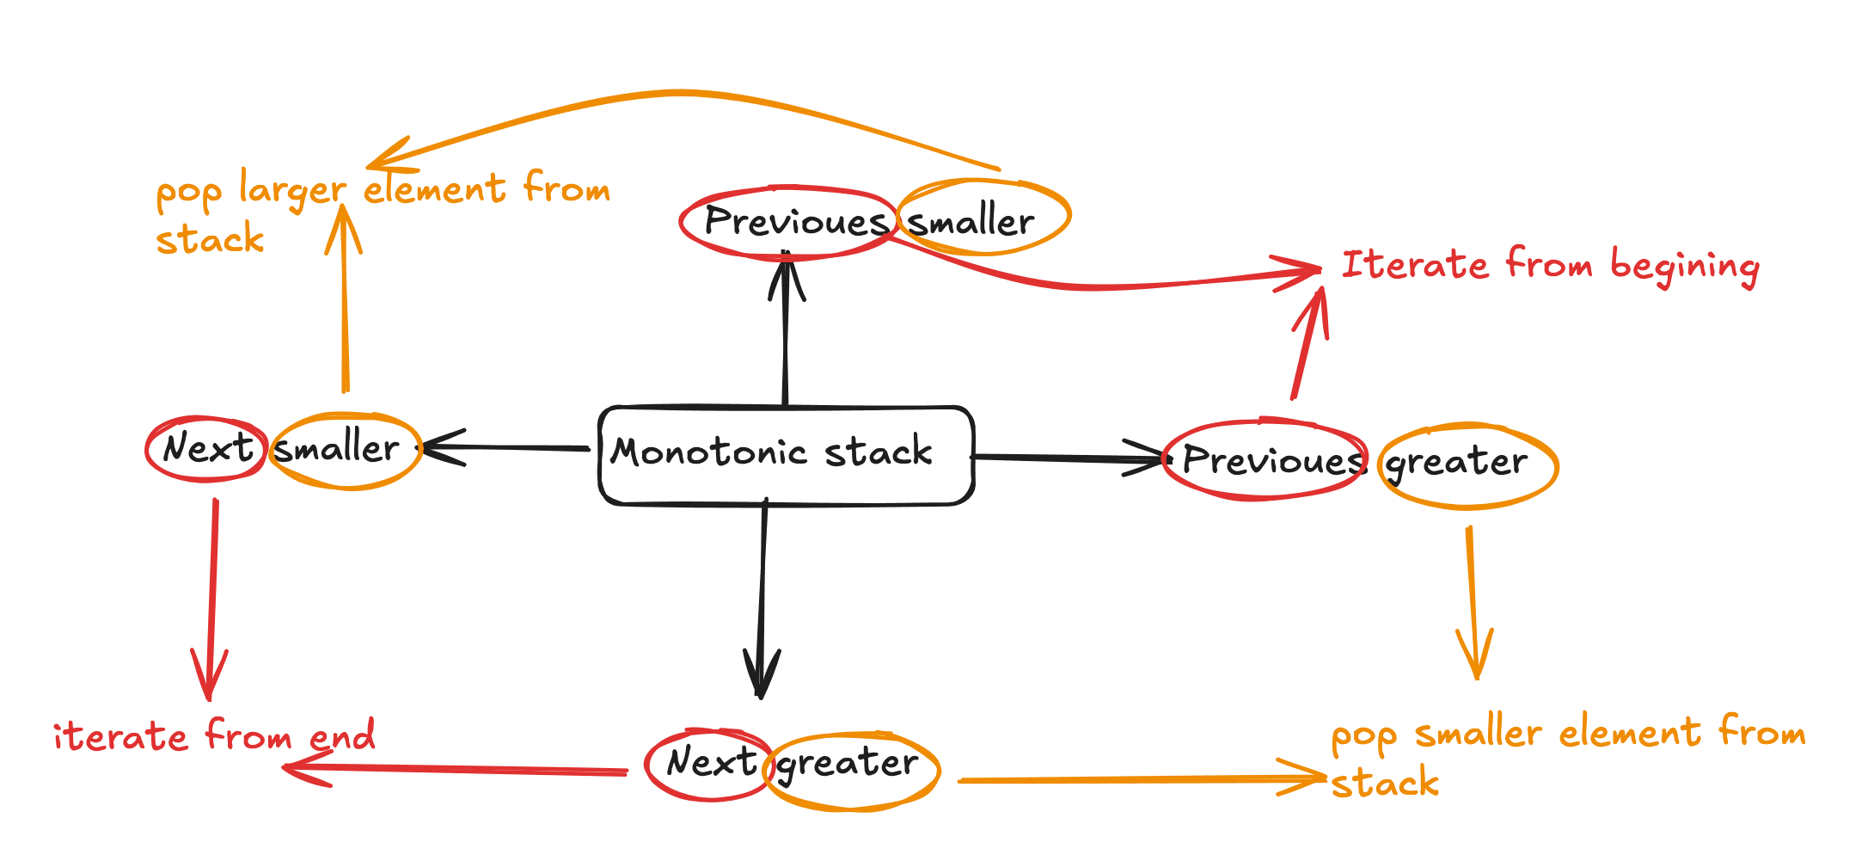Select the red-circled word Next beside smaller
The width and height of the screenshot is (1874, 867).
click(207, 448)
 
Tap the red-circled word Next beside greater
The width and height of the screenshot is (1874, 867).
click(710, 763)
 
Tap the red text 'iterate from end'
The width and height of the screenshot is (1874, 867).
click(214, 736)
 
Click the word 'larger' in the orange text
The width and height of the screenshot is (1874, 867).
click(292, 190)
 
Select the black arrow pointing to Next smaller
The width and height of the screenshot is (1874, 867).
click(507, 447)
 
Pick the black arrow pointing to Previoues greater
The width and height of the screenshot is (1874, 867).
click(1066, 458)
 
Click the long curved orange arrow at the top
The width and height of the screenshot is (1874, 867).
click(679, 93)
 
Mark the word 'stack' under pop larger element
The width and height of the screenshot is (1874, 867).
click(210, 239)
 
